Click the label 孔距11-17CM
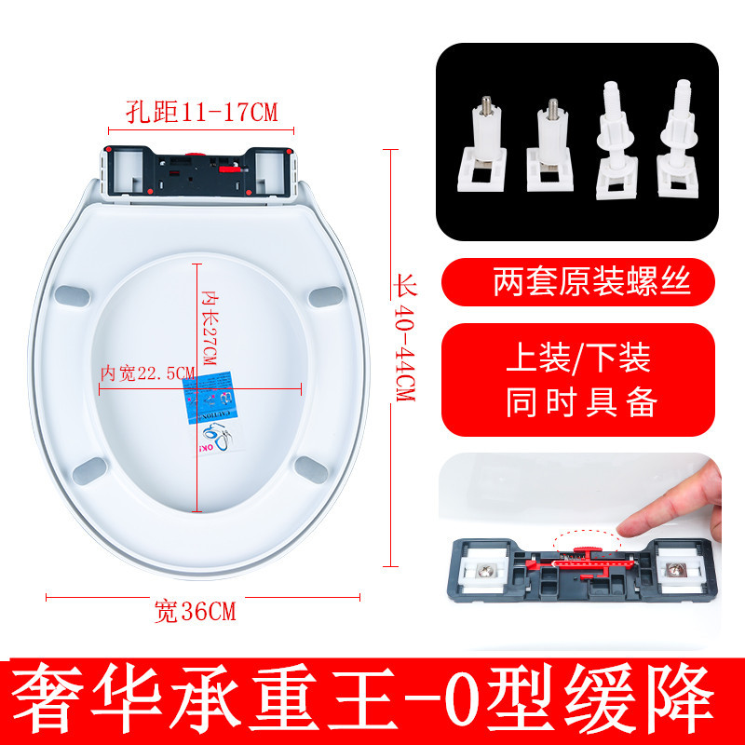click(201, 114)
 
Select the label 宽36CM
click(195, 612)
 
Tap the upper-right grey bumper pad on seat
click(322, 294)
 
